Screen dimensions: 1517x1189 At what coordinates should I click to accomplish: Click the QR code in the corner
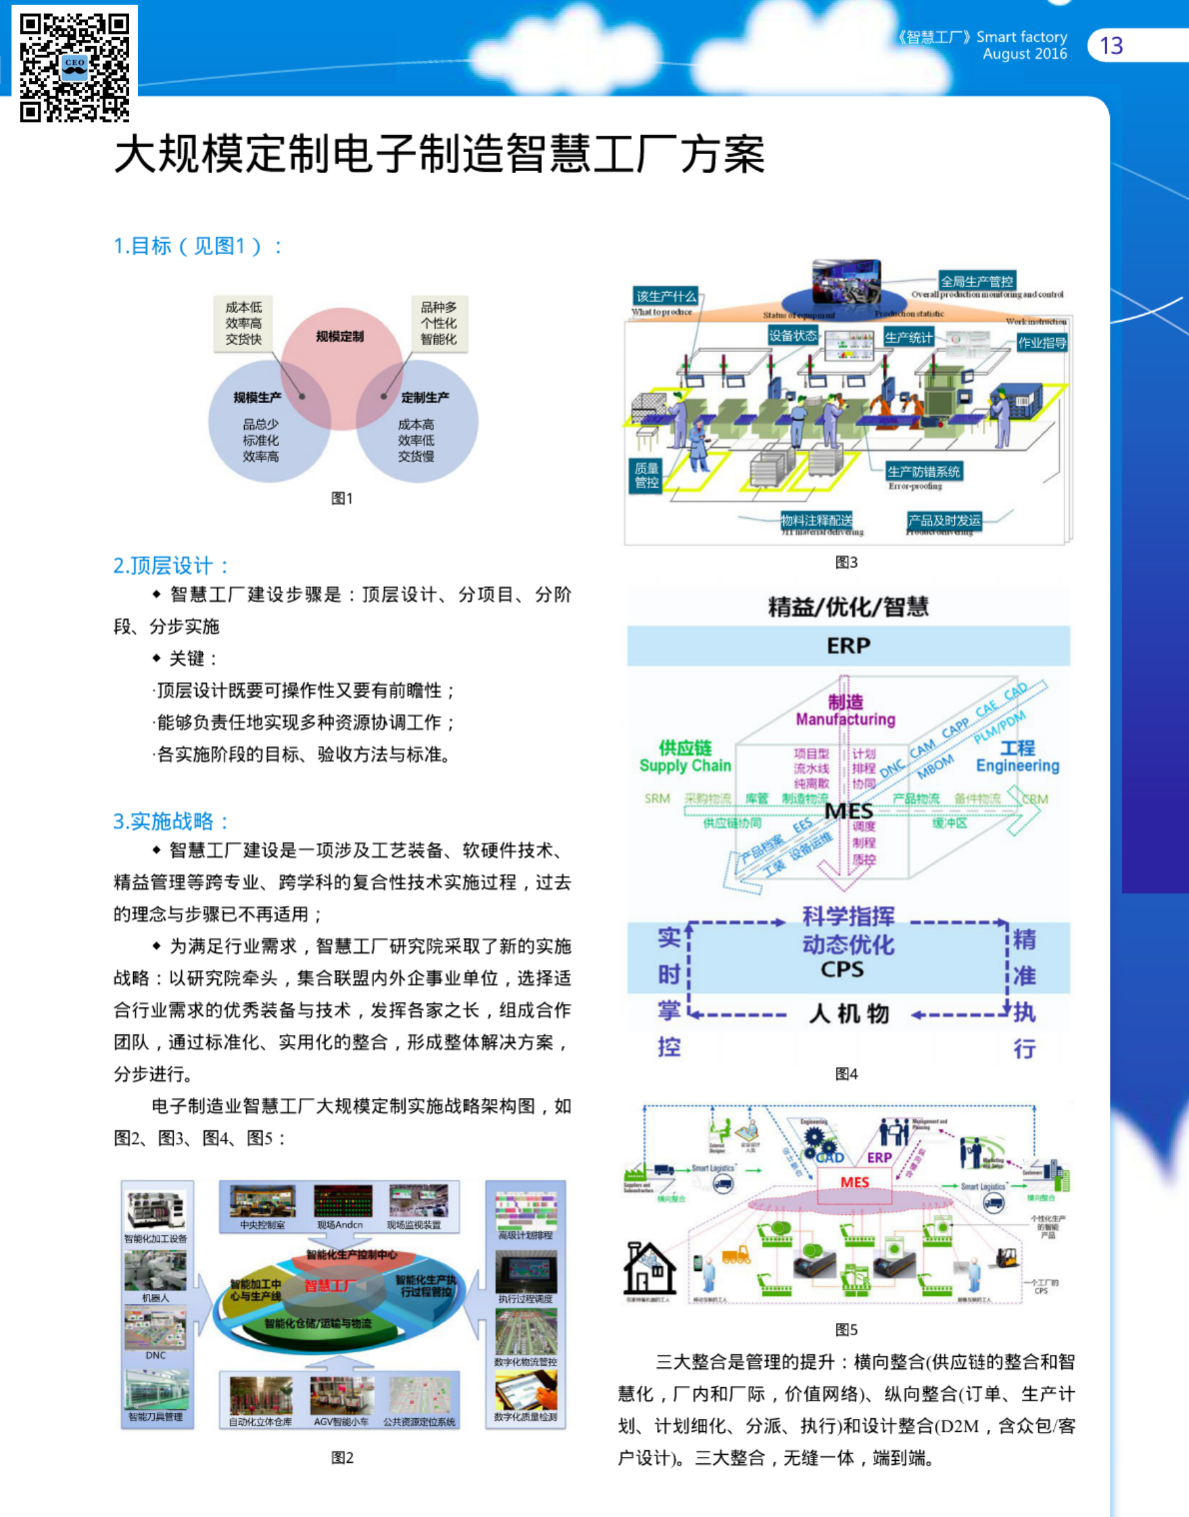pyautogui.click(x=74, y=67)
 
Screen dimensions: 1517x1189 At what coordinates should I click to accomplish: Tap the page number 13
pyautogui.click(x=1111, y=46)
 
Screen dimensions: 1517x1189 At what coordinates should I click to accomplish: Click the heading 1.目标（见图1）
pyautogui.click(x=197, y=246)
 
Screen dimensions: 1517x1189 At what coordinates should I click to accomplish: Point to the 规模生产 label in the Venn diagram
pyautogui.click(x=258, y=398)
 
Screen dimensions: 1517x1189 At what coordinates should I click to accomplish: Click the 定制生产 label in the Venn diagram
pyautogui.click(x=424, y=398)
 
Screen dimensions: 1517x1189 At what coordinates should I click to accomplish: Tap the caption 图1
pyautogui.click(x=342, y=498)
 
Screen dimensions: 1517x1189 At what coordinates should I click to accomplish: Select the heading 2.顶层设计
pyautogui.click(x=170, y=565)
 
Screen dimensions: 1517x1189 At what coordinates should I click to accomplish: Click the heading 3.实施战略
pyautogui.click(x=170, y=821)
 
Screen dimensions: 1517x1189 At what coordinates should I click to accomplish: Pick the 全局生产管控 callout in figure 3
pyautogui.click(x=977, y=281)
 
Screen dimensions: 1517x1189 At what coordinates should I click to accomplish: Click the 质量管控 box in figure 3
pyautogui.click(x=647, y=475)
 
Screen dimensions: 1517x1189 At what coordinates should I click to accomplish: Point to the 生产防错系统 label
pyautogui.click(x=924, y=472)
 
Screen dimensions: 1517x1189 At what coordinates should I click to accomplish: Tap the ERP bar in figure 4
pyautogui.click(x=848, y=646)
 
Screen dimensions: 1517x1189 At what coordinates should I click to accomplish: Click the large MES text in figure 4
pyautogui.click(x=848, y=811)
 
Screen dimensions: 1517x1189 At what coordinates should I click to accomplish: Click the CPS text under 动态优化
pyautogui.click(x=842, y=970)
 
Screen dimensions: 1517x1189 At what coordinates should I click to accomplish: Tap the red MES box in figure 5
pyautogui.click(x=854, y=1182)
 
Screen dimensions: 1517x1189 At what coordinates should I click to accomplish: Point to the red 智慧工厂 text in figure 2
pyautogui.click(x=330, y=1285)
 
